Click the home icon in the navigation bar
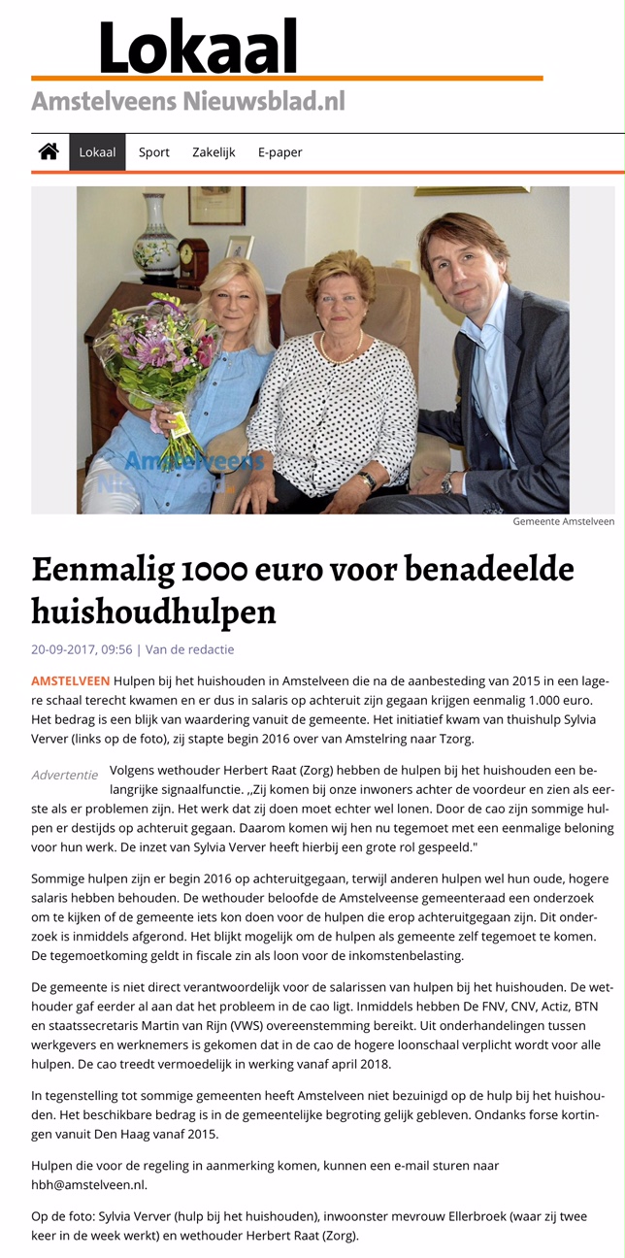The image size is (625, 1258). [48, 151]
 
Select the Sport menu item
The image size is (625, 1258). [153, 152]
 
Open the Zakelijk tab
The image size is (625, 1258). [214, 152]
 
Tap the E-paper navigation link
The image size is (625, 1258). [280, 152]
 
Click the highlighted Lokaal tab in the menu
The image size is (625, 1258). [97, 152]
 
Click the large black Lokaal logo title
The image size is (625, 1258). [198, 47]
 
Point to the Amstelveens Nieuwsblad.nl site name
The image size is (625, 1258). [187, 100]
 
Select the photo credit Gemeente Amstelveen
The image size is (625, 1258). [563, 521]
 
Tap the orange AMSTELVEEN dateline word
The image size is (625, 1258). [70, 680]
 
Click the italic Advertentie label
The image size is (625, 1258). [64, 775]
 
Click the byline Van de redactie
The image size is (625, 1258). [189, 649]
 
